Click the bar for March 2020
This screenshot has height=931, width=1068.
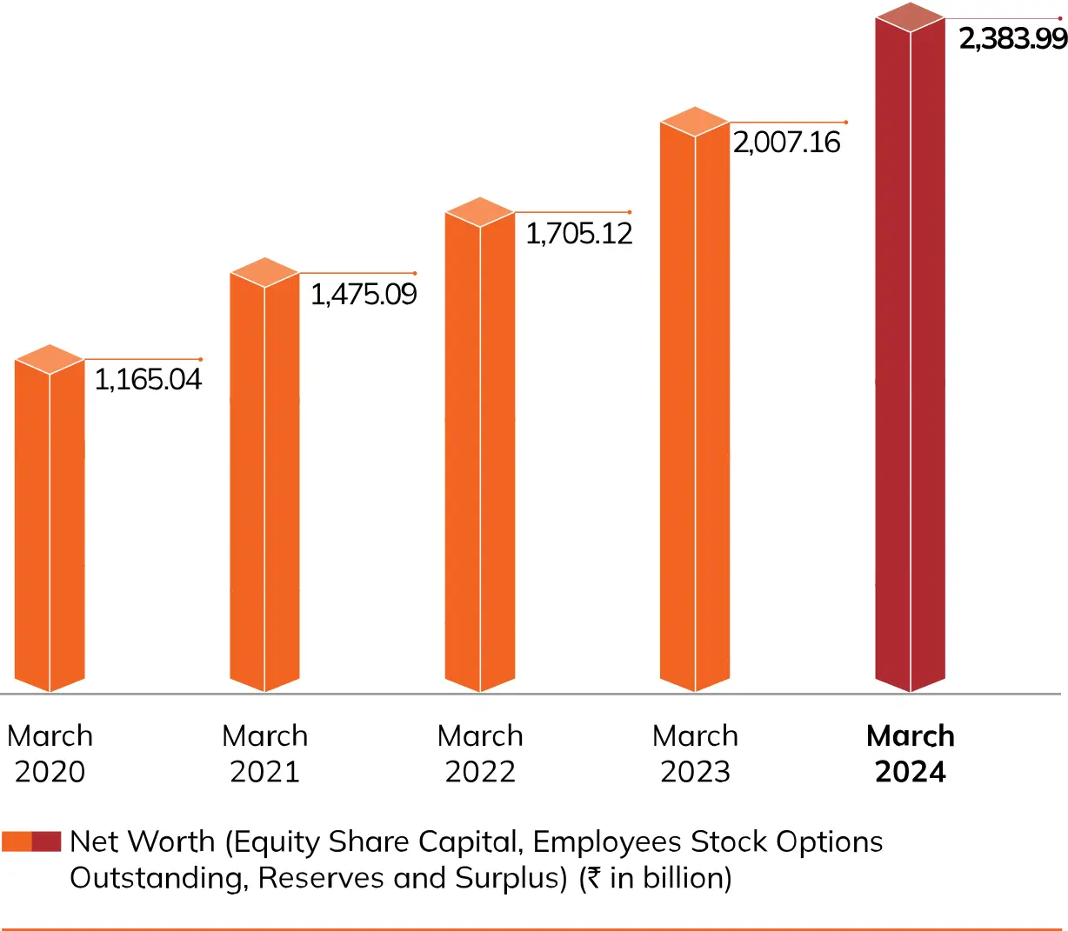[x=50, y=522]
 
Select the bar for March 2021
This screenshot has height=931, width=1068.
[x=264, y=478]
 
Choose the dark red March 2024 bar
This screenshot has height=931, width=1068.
[x=910, y=356]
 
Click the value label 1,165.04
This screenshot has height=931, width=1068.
[x=148, y=380]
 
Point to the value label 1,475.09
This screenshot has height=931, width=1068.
[x=364, y=295]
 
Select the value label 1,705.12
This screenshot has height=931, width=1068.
[x=579, y=234]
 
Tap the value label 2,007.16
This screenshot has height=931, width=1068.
[x=786, y=143]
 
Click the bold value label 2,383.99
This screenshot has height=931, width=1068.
[x=1012, y=39]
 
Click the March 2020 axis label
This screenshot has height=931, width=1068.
[x=50, y=754]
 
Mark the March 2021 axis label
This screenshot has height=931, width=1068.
[x=264, y=754]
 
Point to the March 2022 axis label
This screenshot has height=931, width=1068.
[x=480, y=754]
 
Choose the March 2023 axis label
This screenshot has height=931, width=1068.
[x=695, y=754]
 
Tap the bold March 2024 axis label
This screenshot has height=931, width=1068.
[x=911, y=754]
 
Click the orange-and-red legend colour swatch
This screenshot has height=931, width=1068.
[x=31, y=841]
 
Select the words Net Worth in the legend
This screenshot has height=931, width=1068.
[x=142, y=841]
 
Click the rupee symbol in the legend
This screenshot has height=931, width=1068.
[x=593, y=878]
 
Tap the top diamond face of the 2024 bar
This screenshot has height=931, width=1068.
[x=910, y=17]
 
